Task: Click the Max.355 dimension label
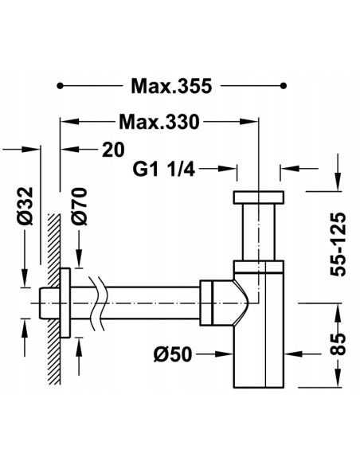click(x=171, y=86)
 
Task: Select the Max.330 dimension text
click(x=158, y=122)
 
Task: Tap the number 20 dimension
click(x=113, y=150)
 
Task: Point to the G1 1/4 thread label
click(x=164, y=170)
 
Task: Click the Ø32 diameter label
click(x=25, y=205)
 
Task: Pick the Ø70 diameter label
click(x=79, y=206)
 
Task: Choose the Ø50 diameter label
click(x=173, y=354)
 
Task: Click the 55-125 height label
click(x=338, y=244)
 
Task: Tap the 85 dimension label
click(x=338, y=345)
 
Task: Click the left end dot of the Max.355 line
click(x=60, y=86)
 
